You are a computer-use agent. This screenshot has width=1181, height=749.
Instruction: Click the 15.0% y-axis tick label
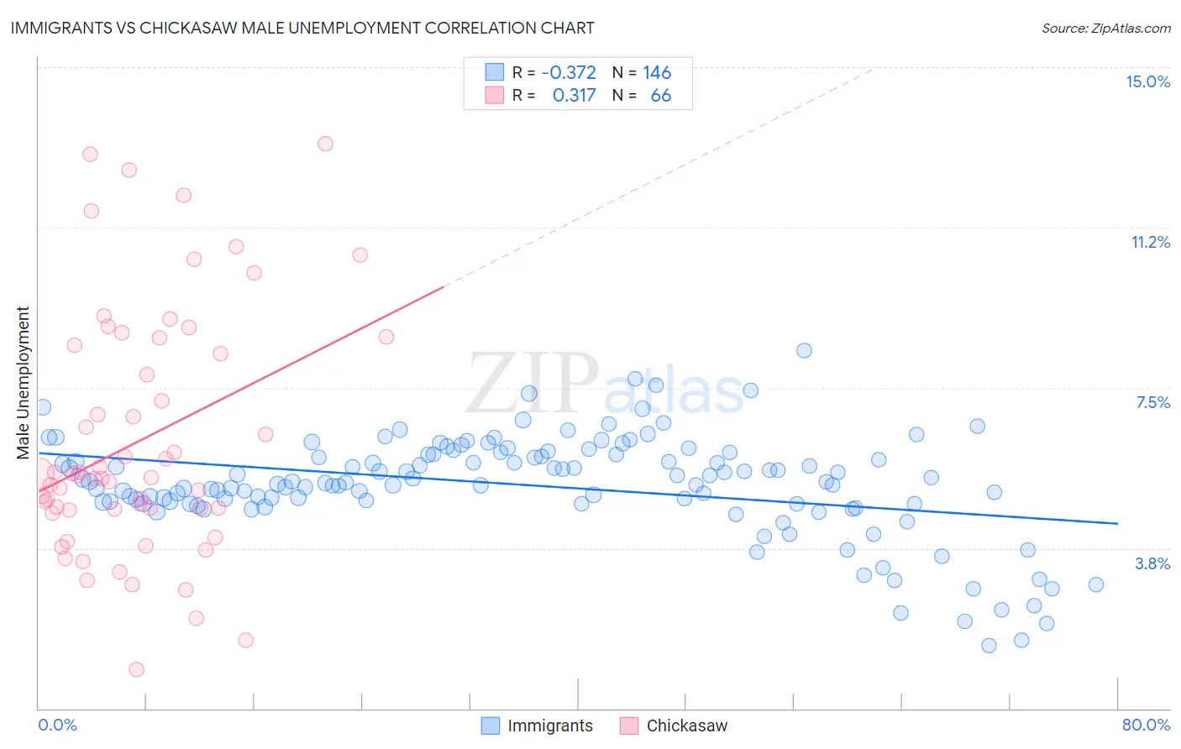[1147, 81]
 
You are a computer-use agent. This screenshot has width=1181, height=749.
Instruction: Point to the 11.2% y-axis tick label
[1150, 242]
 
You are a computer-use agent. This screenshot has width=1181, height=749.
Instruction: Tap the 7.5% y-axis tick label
[1152, 402]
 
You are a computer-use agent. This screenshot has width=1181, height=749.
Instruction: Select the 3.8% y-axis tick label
[1152, 563]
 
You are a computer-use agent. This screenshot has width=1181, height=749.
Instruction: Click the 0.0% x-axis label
[57, 725]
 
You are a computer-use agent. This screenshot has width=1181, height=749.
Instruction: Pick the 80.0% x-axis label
[1146, 725]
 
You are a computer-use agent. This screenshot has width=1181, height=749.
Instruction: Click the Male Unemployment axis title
[24, 383]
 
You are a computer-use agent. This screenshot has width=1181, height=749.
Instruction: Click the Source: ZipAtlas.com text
[1105, 29]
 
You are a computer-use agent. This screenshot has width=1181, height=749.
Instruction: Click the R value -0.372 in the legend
[569, 72]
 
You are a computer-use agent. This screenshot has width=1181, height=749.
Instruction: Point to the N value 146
[657, 72]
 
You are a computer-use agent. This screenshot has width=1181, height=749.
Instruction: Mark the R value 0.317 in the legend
[574, 95]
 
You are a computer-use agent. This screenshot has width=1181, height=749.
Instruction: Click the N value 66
[660, 95]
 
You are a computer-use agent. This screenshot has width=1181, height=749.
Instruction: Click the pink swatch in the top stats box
[495, 95]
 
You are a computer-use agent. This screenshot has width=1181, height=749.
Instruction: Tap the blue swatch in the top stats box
[495, 72]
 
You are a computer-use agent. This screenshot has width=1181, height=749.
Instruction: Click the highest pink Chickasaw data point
[325, 144]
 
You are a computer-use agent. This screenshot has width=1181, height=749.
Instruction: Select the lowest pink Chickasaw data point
[136, 669]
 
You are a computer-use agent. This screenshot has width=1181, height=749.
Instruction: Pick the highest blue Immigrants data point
[804, 350]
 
